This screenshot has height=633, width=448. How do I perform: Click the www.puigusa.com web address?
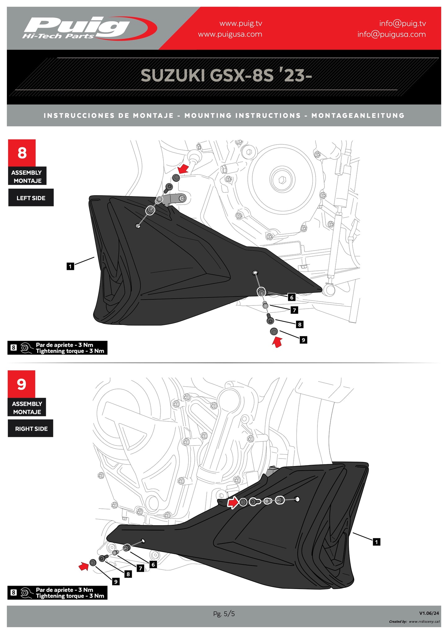coord(230,34)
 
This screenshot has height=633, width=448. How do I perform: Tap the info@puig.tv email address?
coord(402,23)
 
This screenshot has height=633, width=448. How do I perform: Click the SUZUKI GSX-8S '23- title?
coord(226,75)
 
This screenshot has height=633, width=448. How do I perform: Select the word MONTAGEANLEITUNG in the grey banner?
coord(358,116)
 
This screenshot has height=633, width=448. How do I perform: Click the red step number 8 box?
coord(22,153)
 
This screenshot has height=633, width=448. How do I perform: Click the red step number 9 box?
coord(21,384)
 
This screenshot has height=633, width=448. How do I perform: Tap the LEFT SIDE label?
coord(31,198)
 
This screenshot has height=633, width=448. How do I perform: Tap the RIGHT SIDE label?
coord(31,429)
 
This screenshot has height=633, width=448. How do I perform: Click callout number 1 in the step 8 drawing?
coord(70,266)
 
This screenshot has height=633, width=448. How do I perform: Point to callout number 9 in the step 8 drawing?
coord(303,340)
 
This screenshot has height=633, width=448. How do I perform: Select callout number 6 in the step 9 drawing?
coord(153,564)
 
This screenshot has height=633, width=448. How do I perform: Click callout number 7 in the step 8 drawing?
coord(294,310)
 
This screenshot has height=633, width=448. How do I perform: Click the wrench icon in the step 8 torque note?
coord(26,348)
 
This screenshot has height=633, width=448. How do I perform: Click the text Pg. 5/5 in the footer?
coord(224,613)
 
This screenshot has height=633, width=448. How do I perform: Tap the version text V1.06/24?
coord(429,613)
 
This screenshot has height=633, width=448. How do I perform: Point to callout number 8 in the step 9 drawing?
coord(128,574)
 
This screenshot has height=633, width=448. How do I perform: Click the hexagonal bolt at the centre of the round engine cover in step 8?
coord(282,180)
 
